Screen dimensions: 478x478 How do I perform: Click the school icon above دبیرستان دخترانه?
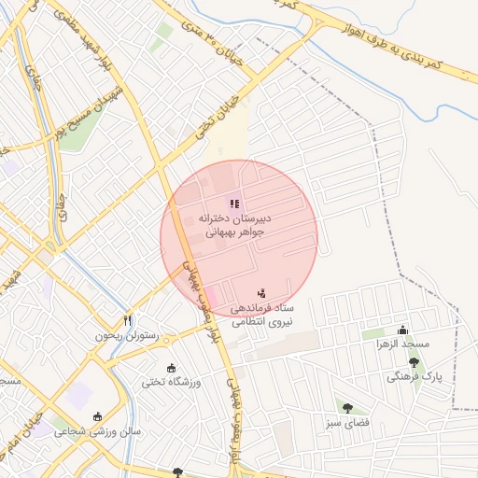click(234, 204)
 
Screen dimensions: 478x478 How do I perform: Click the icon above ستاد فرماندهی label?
click(260, 294)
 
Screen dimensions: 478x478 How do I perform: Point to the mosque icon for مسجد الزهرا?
click(402, 329)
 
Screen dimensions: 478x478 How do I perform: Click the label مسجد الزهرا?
click(402, 344)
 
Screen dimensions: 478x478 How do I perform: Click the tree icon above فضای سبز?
click(347, 407)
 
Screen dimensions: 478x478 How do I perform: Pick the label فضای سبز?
click(347, 422)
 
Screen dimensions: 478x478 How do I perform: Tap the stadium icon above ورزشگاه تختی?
click(170, 367)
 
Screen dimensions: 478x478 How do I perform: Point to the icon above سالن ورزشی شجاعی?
click(97, 416)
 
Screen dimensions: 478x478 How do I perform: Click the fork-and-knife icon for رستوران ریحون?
click(128, 319)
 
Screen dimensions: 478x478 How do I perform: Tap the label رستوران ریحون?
click(127, 334)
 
